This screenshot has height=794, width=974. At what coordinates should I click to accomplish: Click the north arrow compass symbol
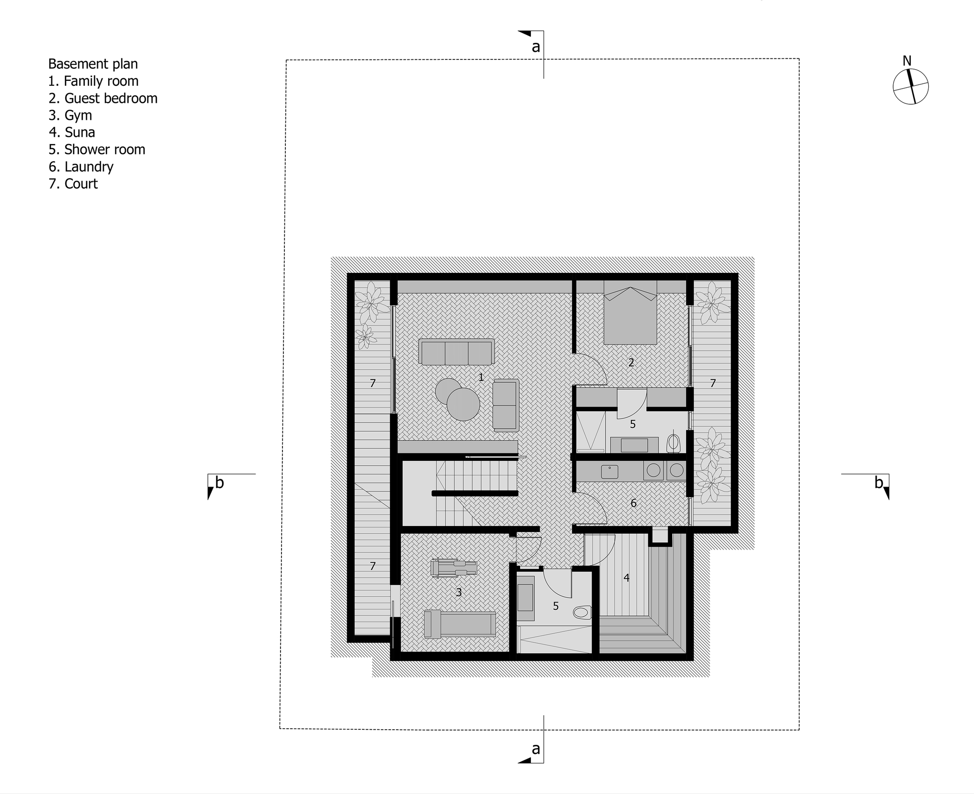910,87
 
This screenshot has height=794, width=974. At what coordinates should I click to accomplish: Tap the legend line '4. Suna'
72,132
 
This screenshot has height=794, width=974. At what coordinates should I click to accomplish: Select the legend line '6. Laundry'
81,167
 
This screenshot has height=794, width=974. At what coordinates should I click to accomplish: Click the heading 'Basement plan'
93,64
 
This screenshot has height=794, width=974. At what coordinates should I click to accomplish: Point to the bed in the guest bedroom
630,317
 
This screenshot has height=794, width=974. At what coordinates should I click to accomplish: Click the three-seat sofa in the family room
456,352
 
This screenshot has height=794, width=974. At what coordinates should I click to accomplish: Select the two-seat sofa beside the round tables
505,405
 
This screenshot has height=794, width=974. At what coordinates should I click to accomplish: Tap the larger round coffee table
463,404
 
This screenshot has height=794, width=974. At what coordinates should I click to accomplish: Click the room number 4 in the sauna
626,578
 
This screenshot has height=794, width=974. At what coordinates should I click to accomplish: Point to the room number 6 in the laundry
633,503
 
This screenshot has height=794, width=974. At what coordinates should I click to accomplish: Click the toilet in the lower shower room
582,612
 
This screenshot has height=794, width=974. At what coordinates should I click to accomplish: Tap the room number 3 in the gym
458,592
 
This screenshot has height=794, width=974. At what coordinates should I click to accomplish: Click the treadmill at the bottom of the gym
460,624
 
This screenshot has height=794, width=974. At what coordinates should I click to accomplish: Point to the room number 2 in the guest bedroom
631,362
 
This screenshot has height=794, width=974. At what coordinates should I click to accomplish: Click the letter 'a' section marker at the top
536,47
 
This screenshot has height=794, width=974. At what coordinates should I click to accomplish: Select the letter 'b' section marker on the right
879,482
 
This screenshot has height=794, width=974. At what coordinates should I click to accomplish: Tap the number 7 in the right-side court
712,383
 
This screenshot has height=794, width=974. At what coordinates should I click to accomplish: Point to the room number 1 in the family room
481,377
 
